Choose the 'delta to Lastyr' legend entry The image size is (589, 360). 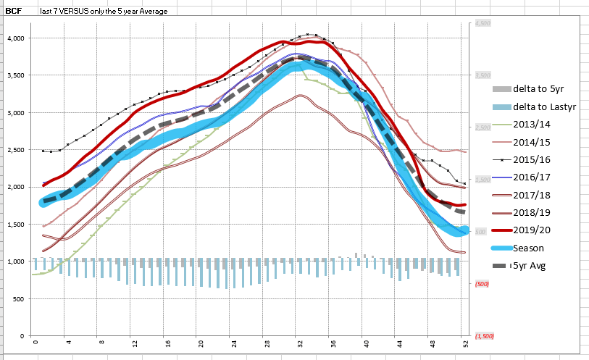click(x=542, y=106)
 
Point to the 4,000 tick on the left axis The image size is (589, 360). click(x=15, y=38)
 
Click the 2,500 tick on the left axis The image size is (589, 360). click(x=15, y=150)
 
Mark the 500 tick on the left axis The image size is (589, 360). click(x=19, y=298)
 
